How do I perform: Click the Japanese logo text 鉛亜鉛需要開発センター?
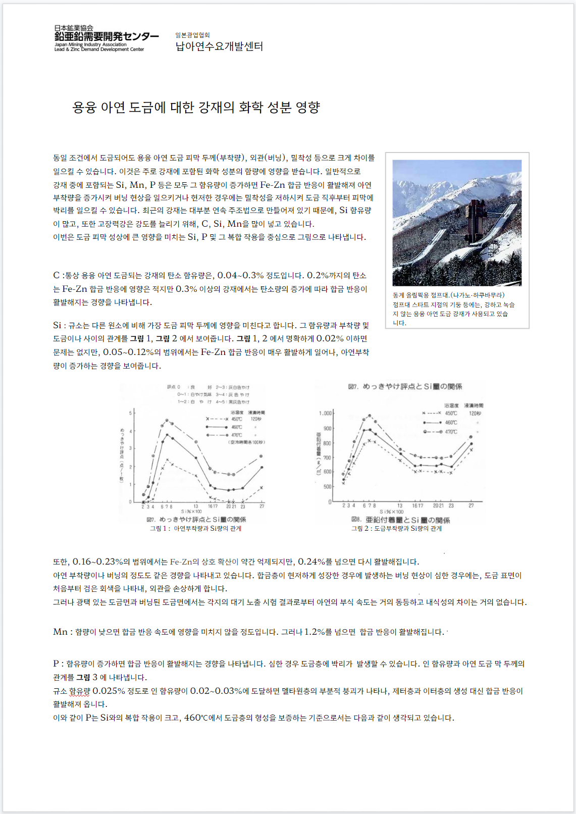point(107,36)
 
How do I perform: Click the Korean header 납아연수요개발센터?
point(219,46)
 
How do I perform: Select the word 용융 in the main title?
point(84,107)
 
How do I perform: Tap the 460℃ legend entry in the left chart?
point(236,427)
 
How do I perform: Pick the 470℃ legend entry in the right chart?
point(450,432)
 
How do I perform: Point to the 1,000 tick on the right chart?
point(325,413)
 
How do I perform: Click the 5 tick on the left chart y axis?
point(130,413)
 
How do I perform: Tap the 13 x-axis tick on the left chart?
point(196,506)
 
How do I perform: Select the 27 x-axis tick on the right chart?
point(471,505)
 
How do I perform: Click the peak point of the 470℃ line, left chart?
point(167,420)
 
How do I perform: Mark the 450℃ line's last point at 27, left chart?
point(261,487)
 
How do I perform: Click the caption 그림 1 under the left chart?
point(159,528)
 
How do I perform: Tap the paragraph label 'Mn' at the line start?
point(60,632)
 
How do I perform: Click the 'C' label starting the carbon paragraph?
point(57,275)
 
